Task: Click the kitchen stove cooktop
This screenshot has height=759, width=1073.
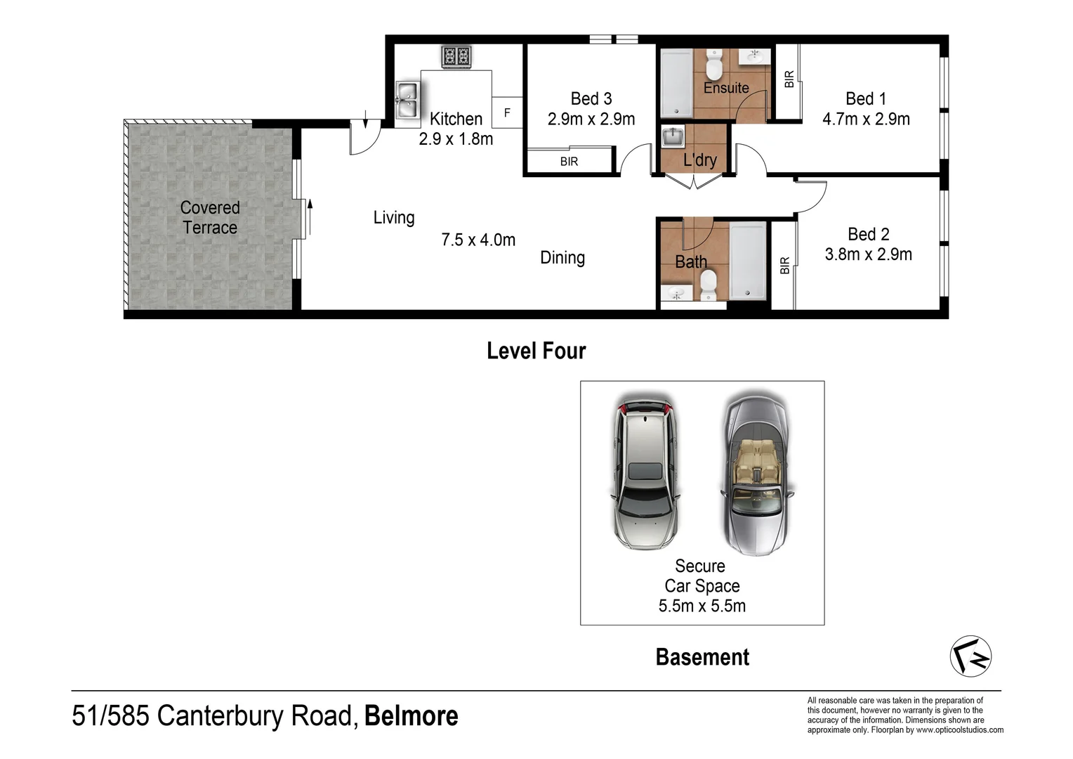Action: (x=456, y=56)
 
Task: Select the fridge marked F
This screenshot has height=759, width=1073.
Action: (x=507, y=112)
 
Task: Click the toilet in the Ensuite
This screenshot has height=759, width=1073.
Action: (x=714, y=67)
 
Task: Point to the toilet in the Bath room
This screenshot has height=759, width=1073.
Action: (x=708, y=285)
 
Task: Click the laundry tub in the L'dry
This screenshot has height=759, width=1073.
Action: (x=673, y=136)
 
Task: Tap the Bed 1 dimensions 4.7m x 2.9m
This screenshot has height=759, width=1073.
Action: (x=866, y=119)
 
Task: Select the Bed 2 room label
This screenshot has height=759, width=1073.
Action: (x=868, y=234)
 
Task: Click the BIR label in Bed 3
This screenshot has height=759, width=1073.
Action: (x=569, y=162)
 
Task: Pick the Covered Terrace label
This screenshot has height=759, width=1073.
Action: (x=210, y=218)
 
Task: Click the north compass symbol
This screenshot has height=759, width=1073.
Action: (x=970, y=656)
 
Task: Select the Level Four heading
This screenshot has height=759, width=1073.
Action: (x=536, y=351)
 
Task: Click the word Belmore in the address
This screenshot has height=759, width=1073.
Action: (x=411, y=716)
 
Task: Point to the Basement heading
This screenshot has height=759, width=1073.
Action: (x=702, y=657)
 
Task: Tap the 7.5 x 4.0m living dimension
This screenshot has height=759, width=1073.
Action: (x=478, y=240)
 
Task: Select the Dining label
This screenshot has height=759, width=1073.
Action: (x=562, y=258)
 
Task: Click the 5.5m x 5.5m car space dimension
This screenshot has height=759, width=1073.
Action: (x=702, y=606)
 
